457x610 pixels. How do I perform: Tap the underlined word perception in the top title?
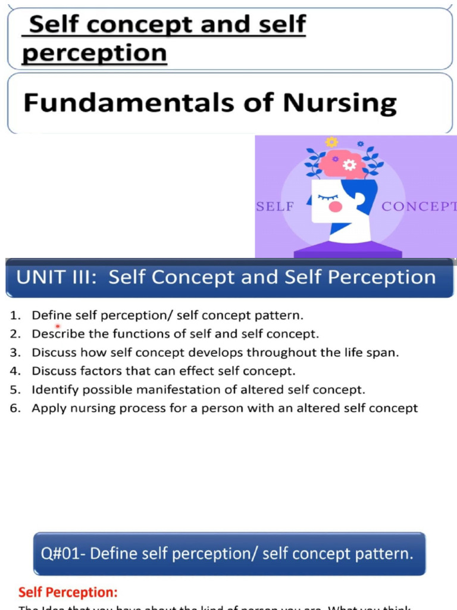pyautogui.click(x=95, y=54)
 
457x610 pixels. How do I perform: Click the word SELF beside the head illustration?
pyautogui.click(x=275, y=207)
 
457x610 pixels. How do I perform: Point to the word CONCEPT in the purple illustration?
pyautogui.click(x=418, y=207)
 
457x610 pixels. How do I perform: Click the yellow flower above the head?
pyautogui.click(x=331, y=142)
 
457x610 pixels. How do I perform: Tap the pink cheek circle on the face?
pyautogui.click(x=336, y=207)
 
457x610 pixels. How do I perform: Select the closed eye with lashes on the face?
pyautogui.click(x=328, y=197)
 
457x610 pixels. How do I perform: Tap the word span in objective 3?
pyautogui.click(x=385, y=352)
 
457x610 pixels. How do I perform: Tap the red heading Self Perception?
pyautogui.click(x=68, y=592)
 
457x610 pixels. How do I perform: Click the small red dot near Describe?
pyautogui.click(x=58, y=326)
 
